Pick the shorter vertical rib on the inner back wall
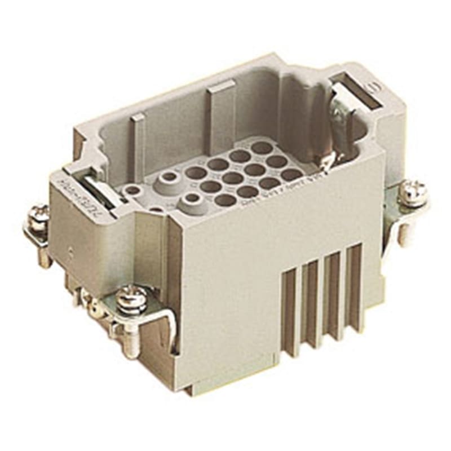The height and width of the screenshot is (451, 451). [138, 141]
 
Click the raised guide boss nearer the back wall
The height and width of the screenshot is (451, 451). [169, 179]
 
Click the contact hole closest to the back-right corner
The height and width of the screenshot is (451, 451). [262, 148]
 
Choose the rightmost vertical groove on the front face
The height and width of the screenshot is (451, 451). [354, 288]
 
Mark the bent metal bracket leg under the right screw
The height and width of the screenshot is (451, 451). [403, 225]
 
